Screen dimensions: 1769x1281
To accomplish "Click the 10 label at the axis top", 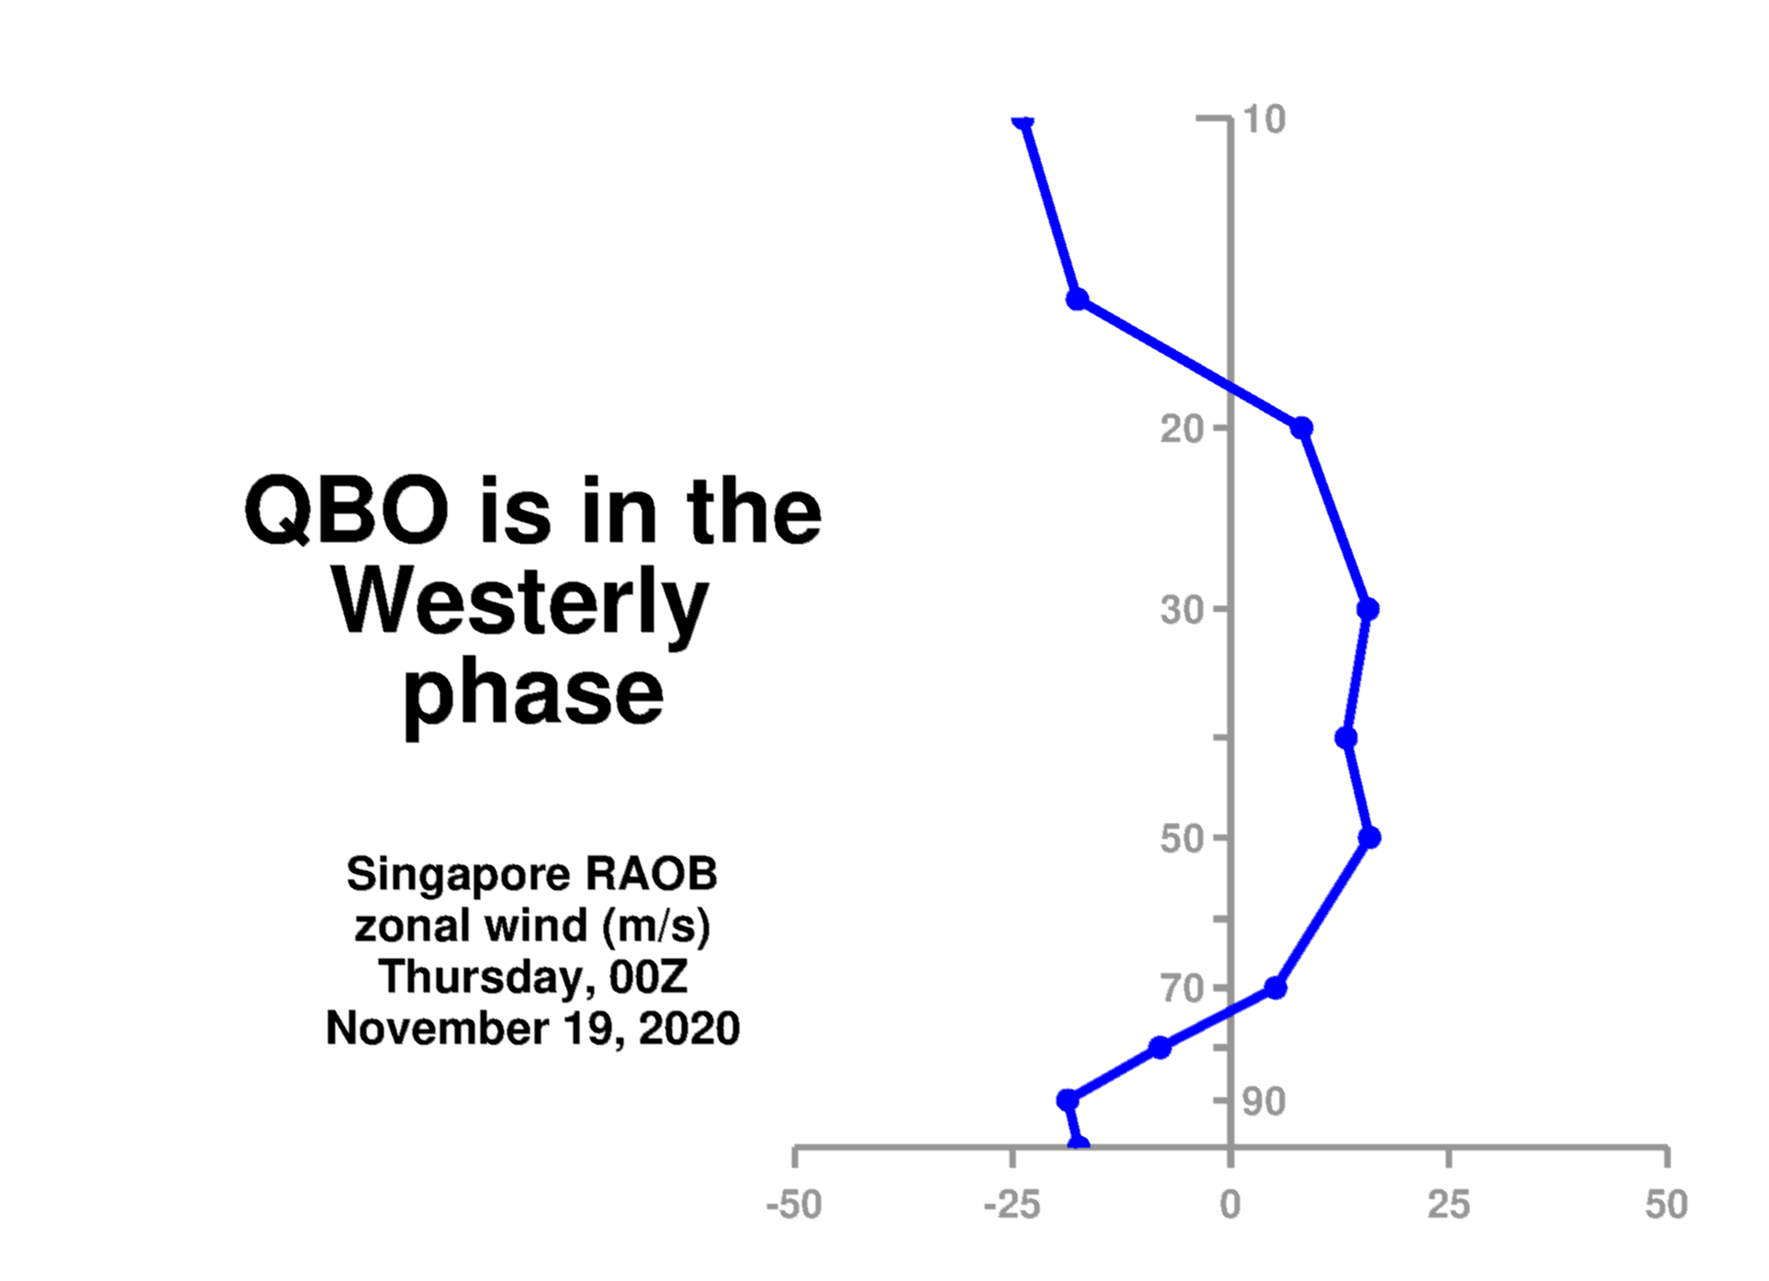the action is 1264,119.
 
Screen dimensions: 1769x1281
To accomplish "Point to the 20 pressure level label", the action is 1182,428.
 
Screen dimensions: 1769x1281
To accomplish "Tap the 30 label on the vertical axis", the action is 1182,609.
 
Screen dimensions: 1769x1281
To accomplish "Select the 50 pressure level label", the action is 1182,838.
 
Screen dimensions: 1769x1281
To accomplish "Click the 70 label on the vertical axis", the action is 1182,989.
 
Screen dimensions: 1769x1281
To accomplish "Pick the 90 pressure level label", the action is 1264,1101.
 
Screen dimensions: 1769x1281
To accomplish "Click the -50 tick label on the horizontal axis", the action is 794,1204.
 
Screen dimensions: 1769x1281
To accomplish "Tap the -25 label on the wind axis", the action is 1012,1204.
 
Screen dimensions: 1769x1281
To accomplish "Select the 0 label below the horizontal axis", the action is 1231,1204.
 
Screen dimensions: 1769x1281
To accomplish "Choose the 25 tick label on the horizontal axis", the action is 1448,1204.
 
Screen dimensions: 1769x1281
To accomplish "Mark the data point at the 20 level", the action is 1301,428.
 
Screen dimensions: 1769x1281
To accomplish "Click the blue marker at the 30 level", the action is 1368,609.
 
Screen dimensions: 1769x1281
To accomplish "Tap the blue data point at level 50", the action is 1369,837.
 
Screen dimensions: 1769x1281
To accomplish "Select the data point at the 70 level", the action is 1275,988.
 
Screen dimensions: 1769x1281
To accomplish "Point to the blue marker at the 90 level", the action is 1067,1100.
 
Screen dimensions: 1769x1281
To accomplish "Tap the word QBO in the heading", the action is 346,511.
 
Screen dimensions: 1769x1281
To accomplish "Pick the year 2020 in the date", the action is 689,1028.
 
